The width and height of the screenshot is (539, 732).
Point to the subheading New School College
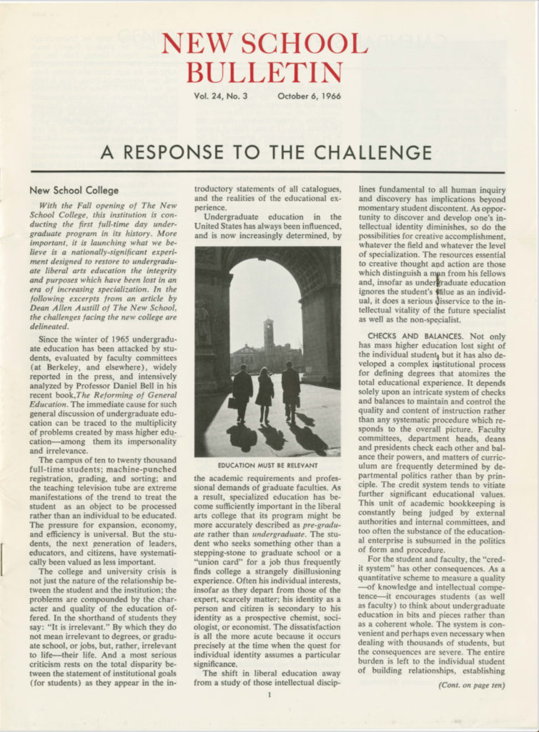click(74, 191)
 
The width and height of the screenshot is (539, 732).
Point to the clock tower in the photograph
click(269, 333)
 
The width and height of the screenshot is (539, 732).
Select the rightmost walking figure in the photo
click(290, 390)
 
